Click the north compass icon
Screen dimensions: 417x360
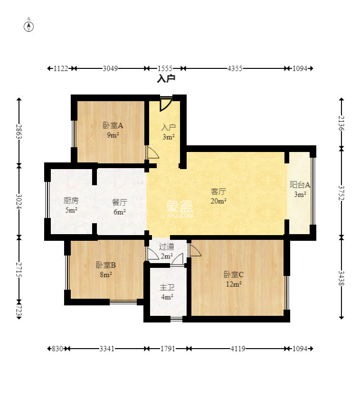(29, 26)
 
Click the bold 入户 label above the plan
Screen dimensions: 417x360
(166, 79)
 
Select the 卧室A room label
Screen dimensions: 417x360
(113, 126)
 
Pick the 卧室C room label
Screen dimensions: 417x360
(234, 274)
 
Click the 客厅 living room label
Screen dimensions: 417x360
(218, 192)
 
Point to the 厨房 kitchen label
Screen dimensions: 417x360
(71, 200)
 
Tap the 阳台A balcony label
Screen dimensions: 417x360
(300, 185)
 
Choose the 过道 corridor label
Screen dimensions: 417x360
(166, 246)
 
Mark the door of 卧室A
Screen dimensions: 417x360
(152, 152)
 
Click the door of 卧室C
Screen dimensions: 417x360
(195, 250)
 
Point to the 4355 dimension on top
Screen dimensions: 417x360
(235, 68)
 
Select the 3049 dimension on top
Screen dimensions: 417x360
(110, 68)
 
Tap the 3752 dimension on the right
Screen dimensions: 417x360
(341, 192)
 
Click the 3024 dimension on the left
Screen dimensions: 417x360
(19, 201)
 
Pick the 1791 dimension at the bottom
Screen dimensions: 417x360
(167, 349)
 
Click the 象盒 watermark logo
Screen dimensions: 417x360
(180, 207)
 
